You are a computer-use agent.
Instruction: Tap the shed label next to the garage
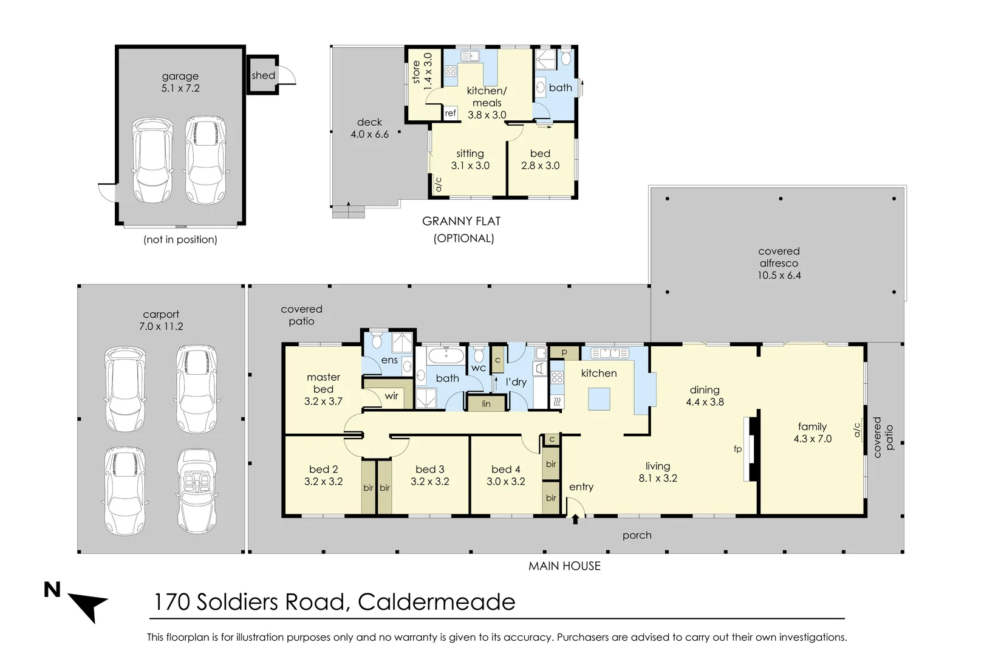point(263,75)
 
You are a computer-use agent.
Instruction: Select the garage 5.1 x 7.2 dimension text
point(180,88)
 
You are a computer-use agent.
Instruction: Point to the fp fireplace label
point(737,449)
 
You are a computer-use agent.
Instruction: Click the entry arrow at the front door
point(575,519)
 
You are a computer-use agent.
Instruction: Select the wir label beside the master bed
point(392,396)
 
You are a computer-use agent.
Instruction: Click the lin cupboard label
point(486,403)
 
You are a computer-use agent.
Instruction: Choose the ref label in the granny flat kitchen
point(450,113)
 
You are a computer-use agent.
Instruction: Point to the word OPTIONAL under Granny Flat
point(463,239)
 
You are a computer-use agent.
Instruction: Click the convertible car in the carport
point(197,490)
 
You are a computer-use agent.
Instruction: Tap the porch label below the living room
point(637,535)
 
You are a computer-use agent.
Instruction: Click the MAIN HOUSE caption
point(564,566)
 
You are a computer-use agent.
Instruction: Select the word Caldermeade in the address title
point(436,602)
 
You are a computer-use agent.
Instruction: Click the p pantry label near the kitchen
point(564,352)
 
